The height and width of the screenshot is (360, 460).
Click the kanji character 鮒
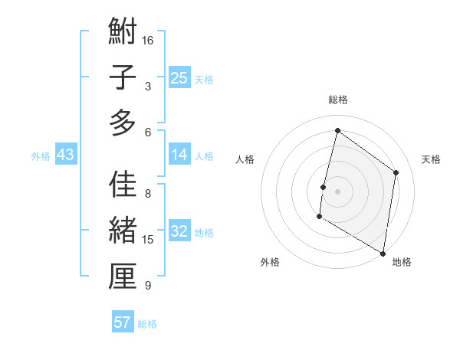coord(123,31)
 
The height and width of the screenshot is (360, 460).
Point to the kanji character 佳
coord(123,185)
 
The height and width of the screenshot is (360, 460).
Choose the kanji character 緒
coord(123,231)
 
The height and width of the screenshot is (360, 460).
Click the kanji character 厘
coord(123,277)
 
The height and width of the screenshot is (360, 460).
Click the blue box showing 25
coord(179,77)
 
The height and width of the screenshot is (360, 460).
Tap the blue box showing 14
coord(179,155)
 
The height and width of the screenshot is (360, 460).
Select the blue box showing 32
coord(179,231)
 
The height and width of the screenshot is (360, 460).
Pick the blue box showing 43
coord(65,155)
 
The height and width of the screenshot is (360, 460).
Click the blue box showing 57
coord(123,322)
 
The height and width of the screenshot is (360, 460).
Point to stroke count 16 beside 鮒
coord(148,41)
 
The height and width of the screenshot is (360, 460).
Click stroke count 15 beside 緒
coord(148,240)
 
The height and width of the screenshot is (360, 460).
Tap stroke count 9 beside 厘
coord(148,286)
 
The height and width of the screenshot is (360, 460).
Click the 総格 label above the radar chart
coord(338,100)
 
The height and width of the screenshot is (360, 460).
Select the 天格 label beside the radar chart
coord(431,159)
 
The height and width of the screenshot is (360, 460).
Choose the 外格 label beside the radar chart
coord(270,262)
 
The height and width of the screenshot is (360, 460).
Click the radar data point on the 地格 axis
coord(383,254)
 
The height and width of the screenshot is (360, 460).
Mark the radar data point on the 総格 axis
coord(337,131)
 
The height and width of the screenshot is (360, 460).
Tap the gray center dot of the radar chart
coord(337,191)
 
